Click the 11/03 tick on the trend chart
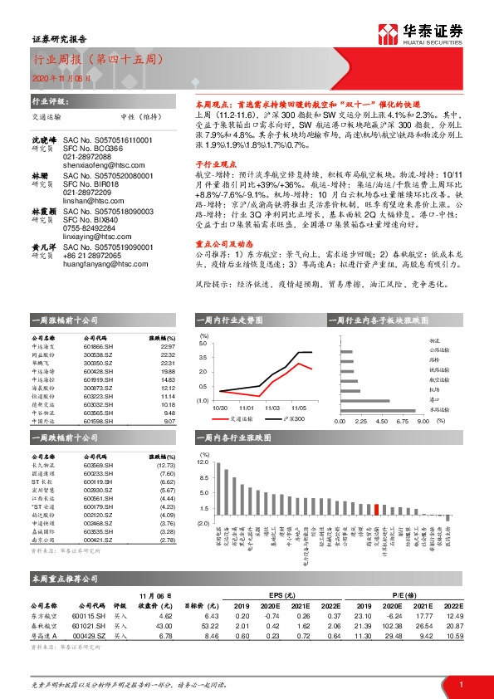pos(272,408)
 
